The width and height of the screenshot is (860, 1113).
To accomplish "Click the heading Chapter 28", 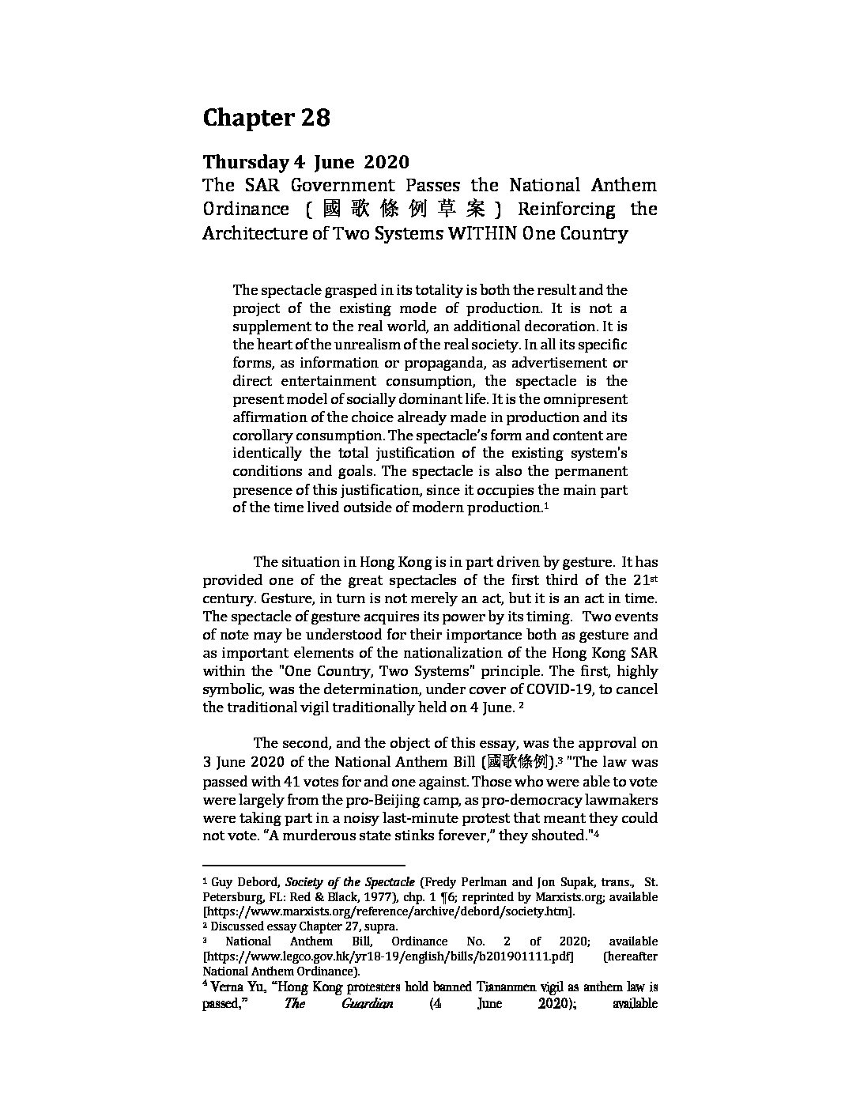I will click(266, 118).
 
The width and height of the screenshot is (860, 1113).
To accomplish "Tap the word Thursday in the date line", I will click(246, 162).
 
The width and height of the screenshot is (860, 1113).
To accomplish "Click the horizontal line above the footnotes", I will click(304, 865).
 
